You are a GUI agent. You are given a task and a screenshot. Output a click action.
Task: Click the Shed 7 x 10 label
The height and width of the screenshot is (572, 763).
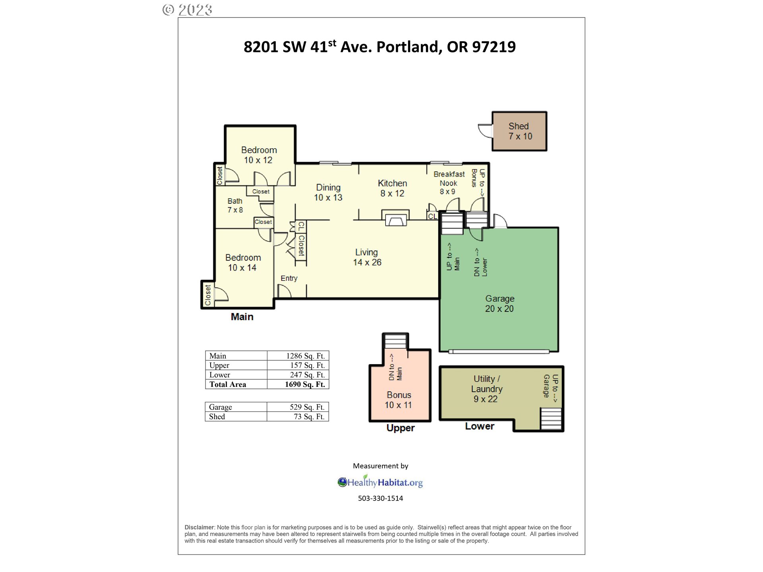520,131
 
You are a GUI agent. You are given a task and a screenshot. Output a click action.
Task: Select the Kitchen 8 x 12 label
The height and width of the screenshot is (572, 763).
392,188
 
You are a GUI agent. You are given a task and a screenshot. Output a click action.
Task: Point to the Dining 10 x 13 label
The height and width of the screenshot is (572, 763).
328,192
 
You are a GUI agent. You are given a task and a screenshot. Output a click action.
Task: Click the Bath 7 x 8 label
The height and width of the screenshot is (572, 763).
235,205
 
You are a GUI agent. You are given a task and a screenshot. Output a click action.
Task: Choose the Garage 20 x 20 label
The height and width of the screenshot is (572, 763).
500,303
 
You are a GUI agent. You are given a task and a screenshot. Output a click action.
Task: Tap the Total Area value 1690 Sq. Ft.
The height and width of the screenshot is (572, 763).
305,385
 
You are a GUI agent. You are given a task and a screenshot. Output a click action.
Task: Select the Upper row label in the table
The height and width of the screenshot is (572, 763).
219,365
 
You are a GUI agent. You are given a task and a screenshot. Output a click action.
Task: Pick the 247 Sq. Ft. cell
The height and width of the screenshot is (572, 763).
307,375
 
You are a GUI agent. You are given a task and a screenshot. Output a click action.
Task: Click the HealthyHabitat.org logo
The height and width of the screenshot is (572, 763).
380,482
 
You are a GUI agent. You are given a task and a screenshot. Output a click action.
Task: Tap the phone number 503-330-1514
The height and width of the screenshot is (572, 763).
380,499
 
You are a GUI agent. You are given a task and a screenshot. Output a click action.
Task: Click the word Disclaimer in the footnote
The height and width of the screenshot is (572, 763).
199,528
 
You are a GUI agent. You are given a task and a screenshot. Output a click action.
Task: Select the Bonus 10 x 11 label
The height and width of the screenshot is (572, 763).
399,400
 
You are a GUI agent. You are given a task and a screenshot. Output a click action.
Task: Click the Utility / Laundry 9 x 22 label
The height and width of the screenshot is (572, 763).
486,389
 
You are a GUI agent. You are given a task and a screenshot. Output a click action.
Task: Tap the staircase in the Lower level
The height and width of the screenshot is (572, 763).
551,418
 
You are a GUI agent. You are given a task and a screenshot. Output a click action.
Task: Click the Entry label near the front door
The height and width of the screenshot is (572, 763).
289,278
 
